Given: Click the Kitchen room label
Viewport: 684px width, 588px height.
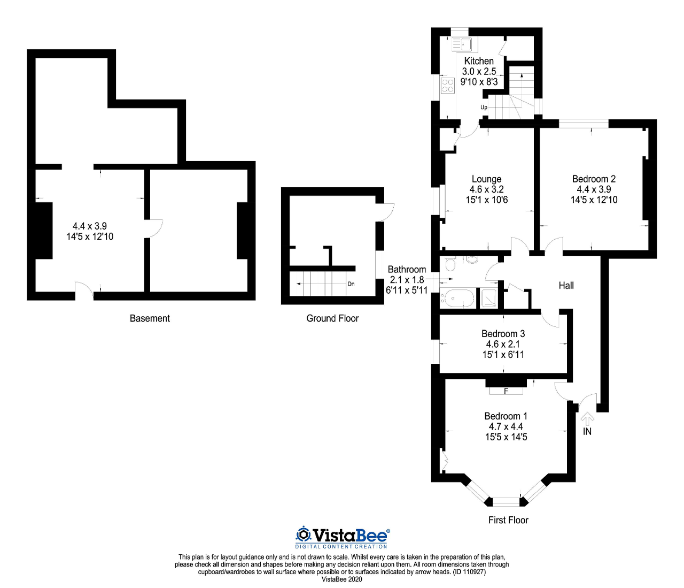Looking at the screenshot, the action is point(479,61).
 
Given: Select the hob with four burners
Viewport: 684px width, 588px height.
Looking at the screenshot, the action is point(447,86).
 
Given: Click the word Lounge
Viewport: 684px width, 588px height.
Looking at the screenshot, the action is point(486,179).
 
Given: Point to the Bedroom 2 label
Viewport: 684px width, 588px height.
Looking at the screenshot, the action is point(594,179).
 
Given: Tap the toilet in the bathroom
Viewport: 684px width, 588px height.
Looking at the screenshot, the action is point(450,264).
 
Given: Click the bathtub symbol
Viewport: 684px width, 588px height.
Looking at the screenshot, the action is point(458,298).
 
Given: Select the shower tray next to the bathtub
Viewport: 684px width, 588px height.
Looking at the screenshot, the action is point(488,298).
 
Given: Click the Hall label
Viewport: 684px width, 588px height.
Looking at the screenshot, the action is point(566,285).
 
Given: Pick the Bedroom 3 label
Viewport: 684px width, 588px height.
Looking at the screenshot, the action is point(503,333).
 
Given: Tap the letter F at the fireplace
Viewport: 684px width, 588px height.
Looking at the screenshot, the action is point(506,391).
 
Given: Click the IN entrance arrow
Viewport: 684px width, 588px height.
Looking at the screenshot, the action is point(587,419).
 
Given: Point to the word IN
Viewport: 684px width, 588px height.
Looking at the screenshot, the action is point(587,431).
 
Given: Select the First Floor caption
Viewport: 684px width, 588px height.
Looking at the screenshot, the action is point(508,520).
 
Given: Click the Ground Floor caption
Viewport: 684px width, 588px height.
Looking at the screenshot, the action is point(332,318).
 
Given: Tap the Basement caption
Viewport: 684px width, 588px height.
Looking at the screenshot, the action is point(150,318).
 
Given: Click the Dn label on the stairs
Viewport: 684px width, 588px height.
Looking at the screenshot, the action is point(351,284).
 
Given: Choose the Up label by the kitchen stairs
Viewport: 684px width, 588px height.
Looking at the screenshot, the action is point(484,108).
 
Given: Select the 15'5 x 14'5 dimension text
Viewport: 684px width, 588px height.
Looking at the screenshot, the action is point(506,437).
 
